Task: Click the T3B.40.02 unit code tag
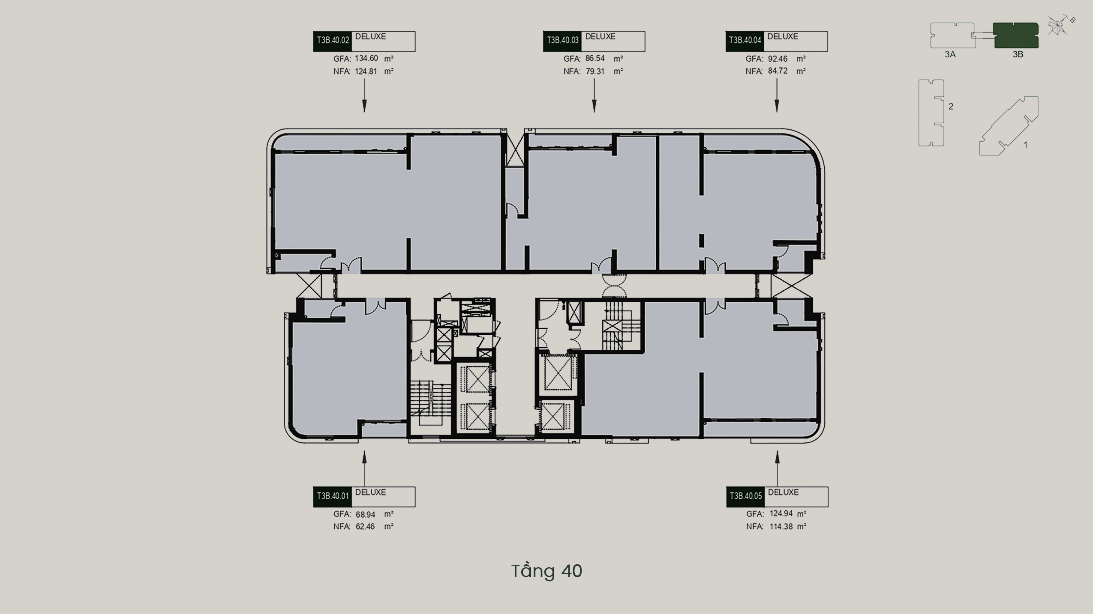point(332,41)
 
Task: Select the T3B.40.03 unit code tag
point(562,41)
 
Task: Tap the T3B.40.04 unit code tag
point(745,41)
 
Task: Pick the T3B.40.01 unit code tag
point(332,497)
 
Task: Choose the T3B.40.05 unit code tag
point(746,497)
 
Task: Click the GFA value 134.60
point(366,59)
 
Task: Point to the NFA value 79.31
point(595,72)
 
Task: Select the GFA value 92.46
point(778,59)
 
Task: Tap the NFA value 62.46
point(365,527)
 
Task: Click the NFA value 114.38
point(781,527)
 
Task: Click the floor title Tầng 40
point(546,571)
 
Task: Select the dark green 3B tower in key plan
point(1016,35)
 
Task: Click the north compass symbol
point(1059,25)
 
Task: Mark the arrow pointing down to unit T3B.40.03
point(594,96)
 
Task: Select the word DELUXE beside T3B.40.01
point(370,492)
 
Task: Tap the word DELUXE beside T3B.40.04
point(783,37)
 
